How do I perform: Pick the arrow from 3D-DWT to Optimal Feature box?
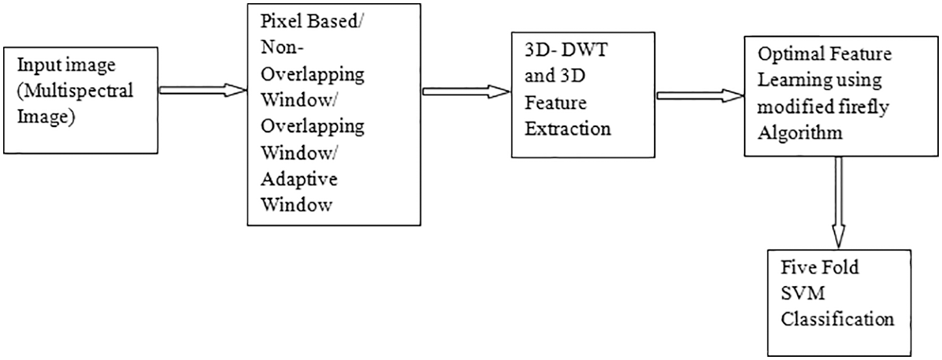698,95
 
